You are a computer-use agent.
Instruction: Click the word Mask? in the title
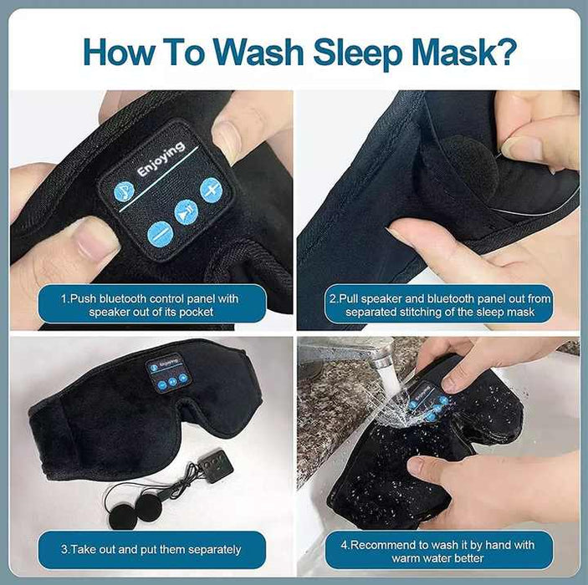(463, 52)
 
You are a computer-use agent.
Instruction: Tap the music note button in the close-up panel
(124, 192)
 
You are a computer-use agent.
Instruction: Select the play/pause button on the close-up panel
(186, 214)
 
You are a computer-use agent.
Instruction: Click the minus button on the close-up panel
(159, 233)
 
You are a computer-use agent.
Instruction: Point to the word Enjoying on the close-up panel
(161, 159)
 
